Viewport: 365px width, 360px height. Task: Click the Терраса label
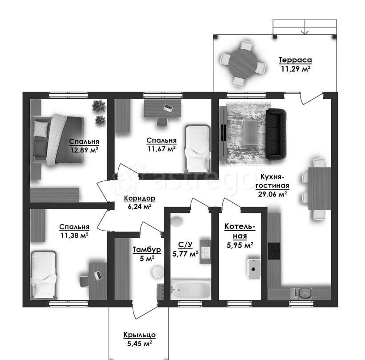click(295, 60)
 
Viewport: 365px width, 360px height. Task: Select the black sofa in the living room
click(276, 134)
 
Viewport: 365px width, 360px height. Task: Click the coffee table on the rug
click(250, 132)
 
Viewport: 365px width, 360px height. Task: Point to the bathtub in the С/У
click(191, 289)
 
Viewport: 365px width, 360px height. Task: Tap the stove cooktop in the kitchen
click(274, 251)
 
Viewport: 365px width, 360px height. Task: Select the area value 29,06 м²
click(273, 194)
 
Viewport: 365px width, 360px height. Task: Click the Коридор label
click(140, 199)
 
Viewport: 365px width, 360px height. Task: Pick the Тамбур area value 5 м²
click(147, 258)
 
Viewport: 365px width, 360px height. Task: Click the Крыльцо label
click(140, 335)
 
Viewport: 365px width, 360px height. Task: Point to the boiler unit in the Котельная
click(253, 268)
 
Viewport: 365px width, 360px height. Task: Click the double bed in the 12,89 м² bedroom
click(58, 140)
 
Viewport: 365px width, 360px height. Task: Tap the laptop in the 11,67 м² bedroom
click(168, 107)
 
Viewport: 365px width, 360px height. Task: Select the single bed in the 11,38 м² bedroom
click(44, 275)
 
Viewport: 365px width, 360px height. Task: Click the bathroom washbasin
click(205, 252)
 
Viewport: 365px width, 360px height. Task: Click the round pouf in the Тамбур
click(158, 272)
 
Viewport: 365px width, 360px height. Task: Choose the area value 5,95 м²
click(240, 245)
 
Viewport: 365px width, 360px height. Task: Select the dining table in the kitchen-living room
click(319, 189)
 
